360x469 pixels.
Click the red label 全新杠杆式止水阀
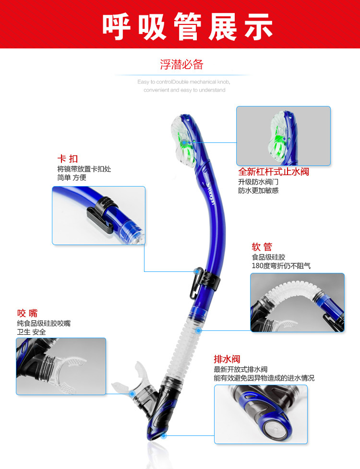pos(274,172)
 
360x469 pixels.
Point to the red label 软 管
pos(262,247)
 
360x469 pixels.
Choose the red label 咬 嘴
pos(27,313)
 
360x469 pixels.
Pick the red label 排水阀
pos(227,359)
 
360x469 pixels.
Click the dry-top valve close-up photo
pos(283,136)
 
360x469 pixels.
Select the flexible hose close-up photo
pos(297,302)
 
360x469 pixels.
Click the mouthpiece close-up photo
pos(61,366)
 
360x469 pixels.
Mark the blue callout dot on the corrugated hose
pos(198,330)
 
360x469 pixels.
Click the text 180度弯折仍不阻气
pos(281,266)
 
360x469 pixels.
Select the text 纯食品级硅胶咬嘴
pos(44,323)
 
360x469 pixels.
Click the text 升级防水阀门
pos(258,182)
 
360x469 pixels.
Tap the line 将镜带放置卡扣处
pos(84,169)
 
